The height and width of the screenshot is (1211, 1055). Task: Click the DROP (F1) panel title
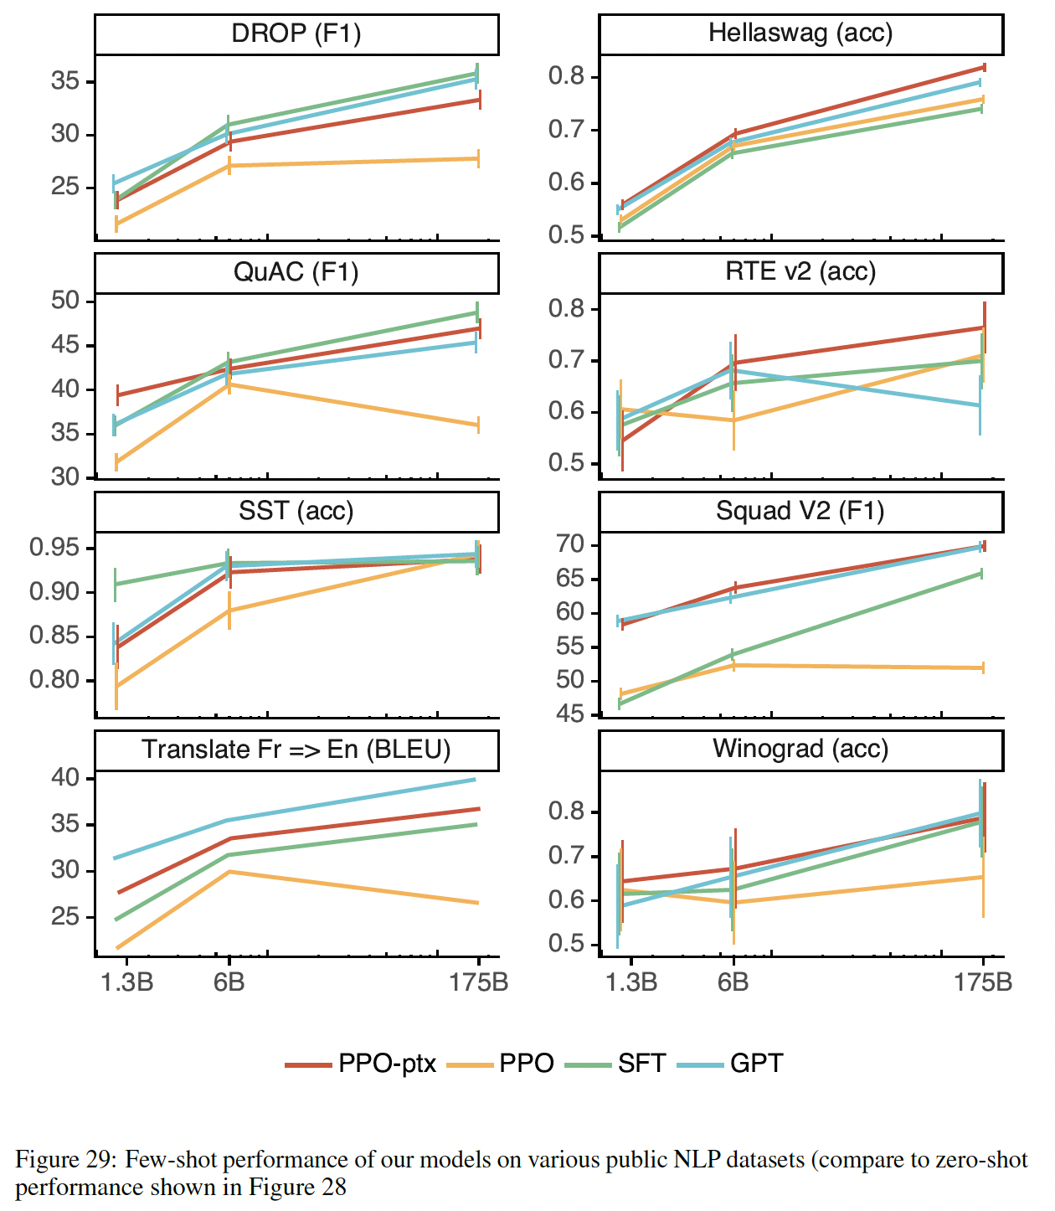click(296, 34)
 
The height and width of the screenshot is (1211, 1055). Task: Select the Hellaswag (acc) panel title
click(800, 33)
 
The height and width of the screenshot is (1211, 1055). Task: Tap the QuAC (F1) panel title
click(296, 273)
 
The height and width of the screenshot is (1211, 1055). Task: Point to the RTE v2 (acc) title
click(800, 272)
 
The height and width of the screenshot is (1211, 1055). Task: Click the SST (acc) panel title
click(296, 511)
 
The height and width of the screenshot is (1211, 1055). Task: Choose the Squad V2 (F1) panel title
click(800, 511)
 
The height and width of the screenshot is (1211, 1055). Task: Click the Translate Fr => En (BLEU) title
click(296, 750)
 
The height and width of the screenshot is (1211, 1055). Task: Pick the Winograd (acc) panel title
click(800, 749)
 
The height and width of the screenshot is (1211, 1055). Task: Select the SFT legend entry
click(616, 1064)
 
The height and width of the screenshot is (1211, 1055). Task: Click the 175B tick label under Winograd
click(983, 982)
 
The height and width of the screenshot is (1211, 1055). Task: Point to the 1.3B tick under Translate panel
click(126, 982)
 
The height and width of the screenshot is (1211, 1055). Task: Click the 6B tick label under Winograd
click(733, 982)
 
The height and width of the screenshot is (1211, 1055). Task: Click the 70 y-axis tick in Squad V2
click(570, 545)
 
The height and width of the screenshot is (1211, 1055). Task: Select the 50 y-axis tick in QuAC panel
click(64, 301)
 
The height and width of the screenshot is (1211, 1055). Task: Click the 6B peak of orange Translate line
click(229, 872)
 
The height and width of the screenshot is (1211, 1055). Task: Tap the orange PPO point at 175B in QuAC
click(478, 425)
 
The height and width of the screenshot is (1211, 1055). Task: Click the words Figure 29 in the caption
click(66, 1160)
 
